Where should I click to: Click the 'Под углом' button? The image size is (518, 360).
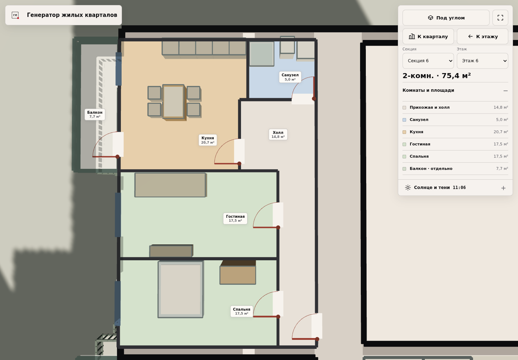click(x=446, y=18)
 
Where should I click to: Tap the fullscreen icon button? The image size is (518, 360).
click(x=500, y=18)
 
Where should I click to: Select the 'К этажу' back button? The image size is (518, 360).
click(x=482, y=37)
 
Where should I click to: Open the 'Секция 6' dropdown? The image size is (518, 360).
click(x=428, y=61)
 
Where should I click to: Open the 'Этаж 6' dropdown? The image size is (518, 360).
click(x=482, y=61)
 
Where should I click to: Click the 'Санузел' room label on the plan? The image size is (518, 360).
click(x=290, y=77)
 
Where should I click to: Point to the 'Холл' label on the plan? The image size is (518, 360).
click(x=278, y=134)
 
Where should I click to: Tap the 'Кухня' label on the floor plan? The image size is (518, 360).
click(x=208, y=140)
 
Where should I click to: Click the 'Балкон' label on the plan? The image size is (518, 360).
click(x=95, y=114)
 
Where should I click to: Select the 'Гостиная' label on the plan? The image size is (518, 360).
click(x=235, y=219)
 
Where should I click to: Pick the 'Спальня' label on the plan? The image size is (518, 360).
click(x=241, y=311)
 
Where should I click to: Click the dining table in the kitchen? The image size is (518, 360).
click(x=173, y=102)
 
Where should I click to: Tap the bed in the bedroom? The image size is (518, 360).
click(x=181, y=289)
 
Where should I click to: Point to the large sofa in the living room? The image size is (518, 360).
click(x=171, y=185)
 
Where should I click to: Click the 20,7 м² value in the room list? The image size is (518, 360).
click(x=501, y=132)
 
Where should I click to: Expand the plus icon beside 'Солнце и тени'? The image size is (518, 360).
click(x=503, y=188)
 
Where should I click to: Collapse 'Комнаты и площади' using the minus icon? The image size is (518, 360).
click(x=505, y=91)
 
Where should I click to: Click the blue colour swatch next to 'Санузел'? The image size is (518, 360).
click(x=404, y=120)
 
